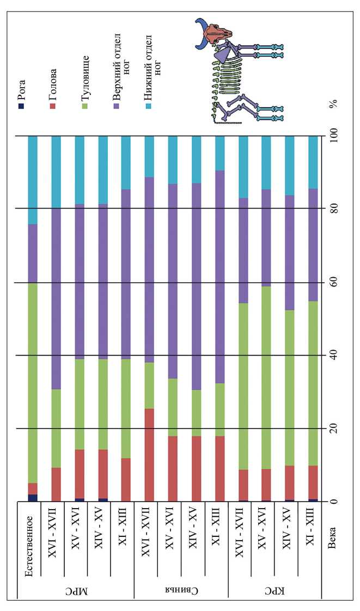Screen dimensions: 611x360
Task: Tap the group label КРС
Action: tap(274, 588)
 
